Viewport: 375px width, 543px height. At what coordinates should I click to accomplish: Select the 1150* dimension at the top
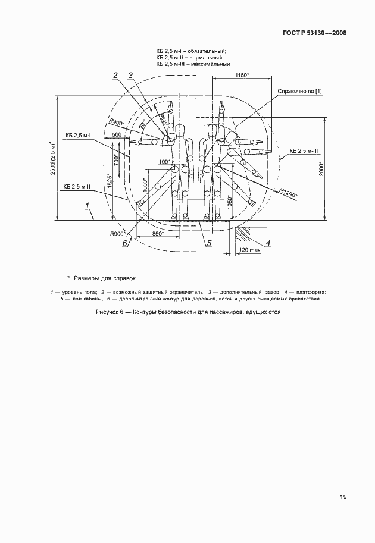click(241, 75)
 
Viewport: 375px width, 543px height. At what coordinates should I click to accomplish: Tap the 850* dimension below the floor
click(157, 234)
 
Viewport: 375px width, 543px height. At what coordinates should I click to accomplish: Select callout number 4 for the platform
click(268, 243)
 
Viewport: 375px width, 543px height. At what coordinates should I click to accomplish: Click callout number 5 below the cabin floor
click(209, 243)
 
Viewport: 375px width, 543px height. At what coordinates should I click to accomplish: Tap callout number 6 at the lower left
click(125, 243)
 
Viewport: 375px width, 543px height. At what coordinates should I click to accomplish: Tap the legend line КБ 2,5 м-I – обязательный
click(191, 52)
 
